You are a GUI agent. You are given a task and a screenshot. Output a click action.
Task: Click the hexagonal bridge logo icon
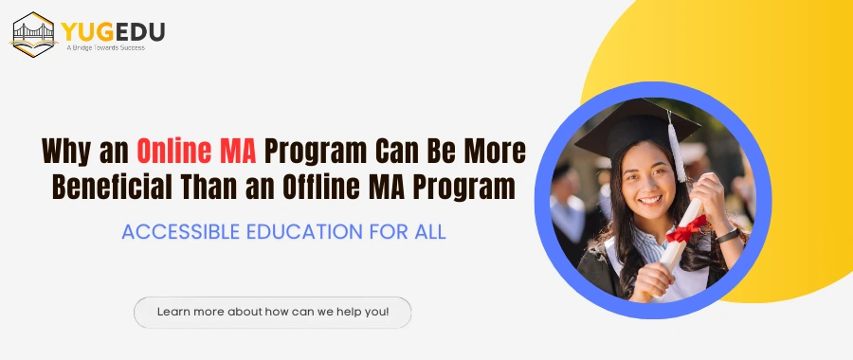pyautogui.click(x=34, y=34)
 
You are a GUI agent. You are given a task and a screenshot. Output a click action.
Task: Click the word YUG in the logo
pyautogui.click(x=87, y=32)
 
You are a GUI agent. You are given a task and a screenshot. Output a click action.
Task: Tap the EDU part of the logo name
pyautogui.click(x=140, y=32)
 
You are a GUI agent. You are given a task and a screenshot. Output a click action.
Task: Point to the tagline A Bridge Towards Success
pyautogui.click(x=105, y=48)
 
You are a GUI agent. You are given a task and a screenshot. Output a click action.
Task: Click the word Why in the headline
pyautogui.click(x=67, y=153)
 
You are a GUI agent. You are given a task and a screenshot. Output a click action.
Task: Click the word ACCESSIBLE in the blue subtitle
pyautogui.click(x=180, y=232)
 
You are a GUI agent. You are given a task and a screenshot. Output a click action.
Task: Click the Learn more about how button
pyautogui.click(x=273, y=312)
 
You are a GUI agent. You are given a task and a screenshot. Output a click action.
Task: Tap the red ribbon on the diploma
pyautogui.click(x=686, y=229)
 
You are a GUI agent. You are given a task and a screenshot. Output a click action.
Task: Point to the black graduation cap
pyautogui.click(x=637, y=128)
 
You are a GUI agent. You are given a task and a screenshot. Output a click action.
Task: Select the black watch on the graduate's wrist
pyautogui.click(x=727, y=236)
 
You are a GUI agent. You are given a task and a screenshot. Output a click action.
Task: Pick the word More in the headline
pyautogui.click(x=495, y=152)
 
